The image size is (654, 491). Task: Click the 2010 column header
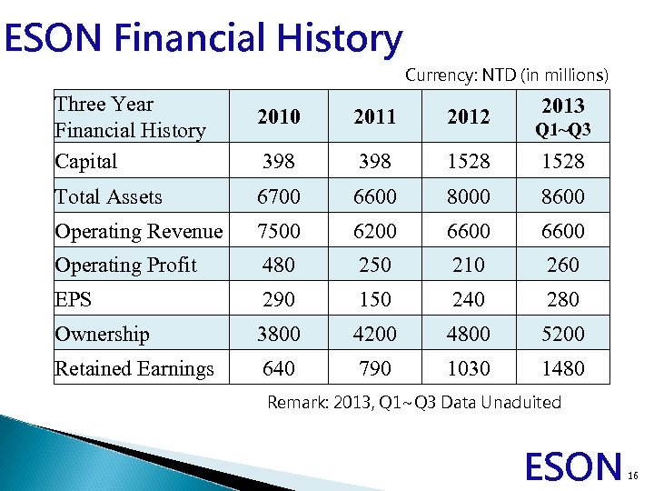click(278, 117)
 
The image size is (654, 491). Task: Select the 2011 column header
click(374, 117)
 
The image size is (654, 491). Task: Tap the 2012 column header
click(469, 117)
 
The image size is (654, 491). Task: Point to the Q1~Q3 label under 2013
click(563, 130)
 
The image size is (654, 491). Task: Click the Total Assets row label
click(108, 196)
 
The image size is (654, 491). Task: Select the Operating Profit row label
click(125, 265)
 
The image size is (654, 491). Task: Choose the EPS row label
click(74, 299)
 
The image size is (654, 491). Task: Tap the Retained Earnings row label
click(134, 368)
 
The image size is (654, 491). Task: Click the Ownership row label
click(102, 334)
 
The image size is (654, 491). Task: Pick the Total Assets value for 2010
click(278, 196)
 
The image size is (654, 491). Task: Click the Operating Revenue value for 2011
click(374, 231)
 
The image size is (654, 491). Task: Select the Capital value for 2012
click(469, 162)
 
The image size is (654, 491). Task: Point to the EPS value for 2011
click(374, 299)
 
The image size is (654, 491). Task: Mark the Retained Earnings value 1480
click(563, 368)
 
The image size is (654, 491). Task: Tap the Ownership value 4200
click(374, 334)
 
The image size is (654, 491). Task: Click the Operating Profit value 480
click(278, 265)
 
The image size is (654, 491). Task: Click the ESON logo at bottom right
click(573, 466)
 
